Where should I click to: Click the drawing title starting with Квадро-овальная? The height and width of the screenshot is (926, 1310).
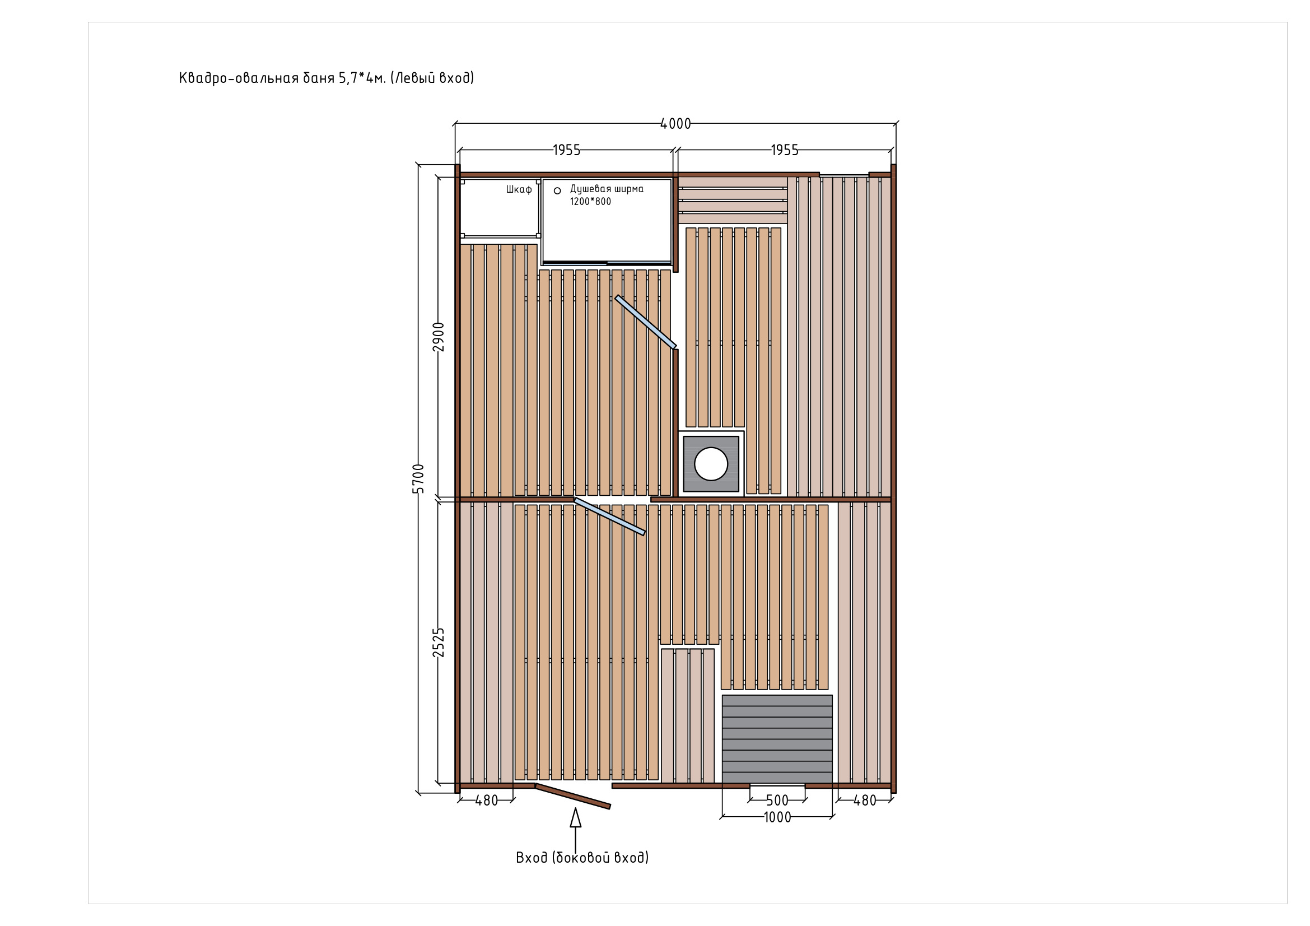click(327, 78)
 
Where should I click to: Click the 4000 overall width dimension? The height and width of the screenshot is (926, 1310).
click(675, 124)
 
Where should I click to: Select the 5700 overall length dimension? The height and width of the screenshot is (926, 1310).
click(418, 478)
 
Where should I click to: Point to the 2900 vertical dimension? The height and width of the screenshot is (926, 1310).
click(438, 337)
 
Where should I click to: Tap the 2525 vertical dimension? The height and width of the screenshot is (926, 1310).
click(438, 643)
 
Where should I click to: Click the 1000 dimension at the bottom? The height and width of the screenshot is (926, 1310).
click(777, 817)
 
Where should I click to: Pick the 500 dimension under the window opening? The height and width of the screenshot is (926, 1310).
click(777, 801)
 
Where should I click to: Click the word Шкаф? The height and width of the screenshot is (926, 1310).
click(519, 189)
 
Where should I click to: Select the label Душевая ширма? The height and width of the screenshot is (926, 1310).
click(607, 189)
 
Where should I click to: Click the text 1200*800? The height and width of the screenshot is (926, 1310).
click(590, 202)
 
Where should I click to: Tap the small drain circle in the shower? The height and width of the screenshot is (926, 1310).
click(557, 190)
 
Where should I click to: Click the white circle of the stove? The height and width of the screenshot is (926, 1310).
click(711, 464)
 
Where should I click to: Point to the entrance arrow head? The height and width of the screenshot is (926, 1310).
click(576, 817)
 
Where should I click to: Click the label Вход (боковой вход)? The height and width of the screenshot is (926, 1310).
click(582, 858)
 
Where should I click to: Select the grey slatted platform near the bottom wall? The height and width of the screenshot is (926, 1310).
click(777, 739)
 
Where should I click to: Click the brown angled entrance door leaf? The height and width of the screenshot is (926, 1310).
click(573, 796)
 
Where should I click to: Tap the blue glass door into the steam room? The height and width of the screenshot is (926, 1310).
click(645, 322)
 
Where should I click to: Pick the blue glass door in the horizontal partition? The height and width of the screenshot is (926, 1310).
click(609, 516)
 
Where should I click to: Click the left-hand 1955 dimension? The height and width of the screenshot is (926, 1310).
click(567, 150)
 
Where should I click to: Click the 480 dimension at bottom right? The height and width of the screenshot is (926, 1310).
click(864, 801)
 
